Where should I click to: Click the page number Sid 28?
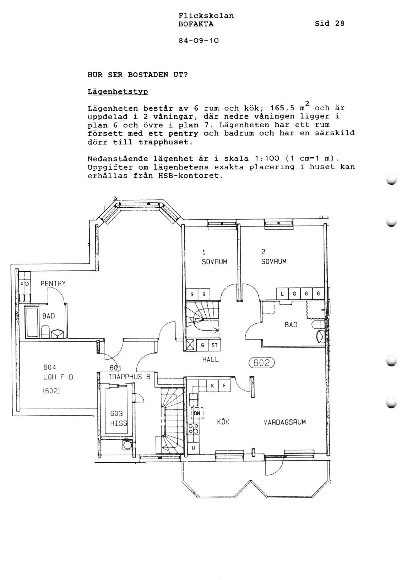point(329,24)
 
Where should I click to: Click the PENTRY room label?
point(53,283)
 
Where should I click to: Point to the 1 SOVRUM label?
point(214,257)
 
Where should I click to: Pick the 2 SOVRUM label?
point(274,257)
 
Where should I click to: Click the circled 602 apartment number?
point(262,363)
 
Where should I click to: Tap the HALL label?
point(210,360)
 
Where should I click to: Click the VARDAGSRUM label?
point(285,422)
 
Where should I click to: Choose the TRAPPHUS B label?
point(129,377)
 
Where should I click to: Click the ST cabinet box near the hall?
point(214,345)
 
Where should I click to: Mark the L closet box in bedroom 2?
point(282,294)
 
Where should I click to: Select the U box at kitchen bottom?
point(193,448)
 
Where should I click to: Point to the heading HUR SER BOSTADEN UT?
point(137,75)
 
